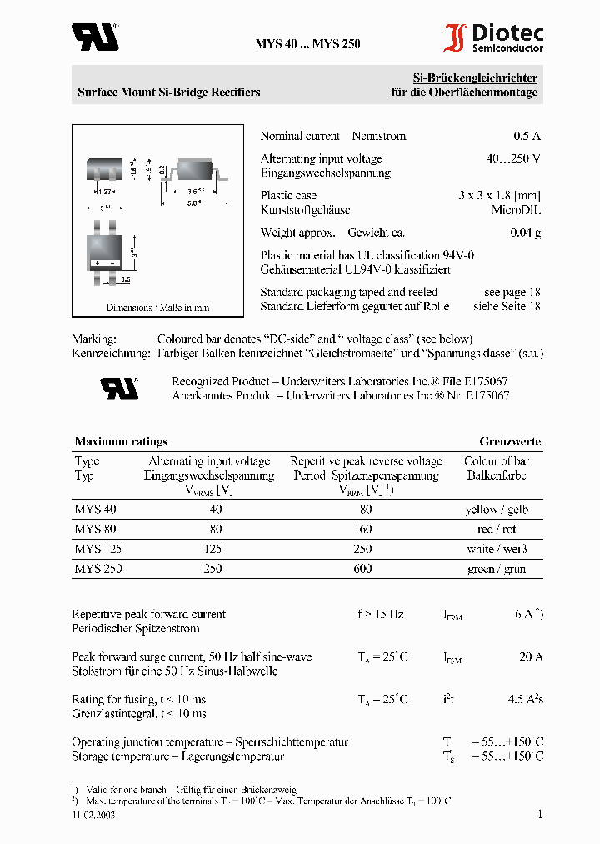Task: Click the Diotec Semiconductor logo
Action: [x=493, y=38]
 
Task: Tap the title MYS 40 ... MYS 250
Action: [x=307, y=44]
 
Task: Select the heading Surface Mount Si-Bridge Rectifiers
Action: [x=168, y=93]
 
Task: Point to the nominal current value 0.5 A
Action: [x=527, y=136]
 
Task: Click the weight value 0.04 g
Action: [x=525, y=233]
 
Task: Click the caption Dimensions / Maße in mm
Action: [x=157, y=308]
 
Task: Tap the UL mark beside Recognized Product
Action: [x=119, y=388]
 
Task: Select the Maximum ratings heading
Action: [x=121, y=441]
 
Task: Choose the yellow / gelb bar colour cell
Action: [x=497, y=509]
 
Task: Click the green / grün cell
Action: [x=497, y=569]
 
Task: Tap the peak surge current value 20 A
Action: [x=531, y=656]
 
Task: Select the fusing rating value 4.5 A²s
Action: [x=525, y=700]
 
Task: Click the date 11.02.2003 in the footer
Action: [x=93, y=816]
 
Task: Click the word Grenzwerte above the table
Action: [x=509, y=441]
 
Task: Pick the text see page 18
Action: [x=512, y=292]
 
